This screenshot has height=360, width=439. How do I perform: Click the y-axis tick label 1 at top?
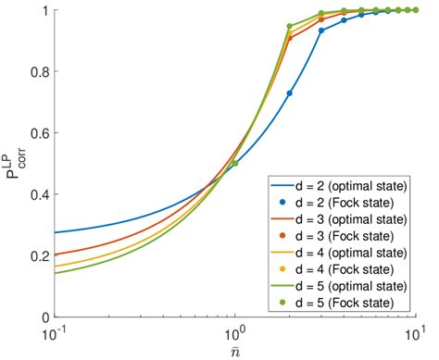(44, 10)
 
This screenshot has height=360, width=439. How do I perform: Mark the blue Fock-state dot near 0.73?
(289, 93)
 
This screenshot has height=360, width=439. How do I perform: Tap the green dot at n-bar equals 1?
(234, 163)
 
